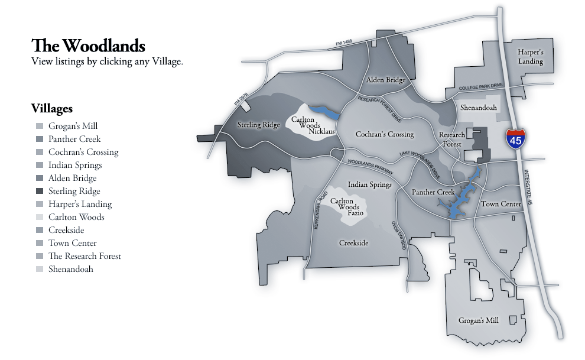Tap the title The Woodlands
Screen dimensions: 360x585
pos(88,46)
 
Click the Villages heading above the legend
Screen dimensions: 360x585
pos(52,109)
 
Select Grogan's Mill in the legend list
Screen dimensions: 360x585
pos(73,126)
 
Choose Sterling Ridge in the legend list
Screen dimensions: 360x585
pos(74,191)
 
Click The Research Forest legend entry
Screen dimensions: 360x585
pos(84,256)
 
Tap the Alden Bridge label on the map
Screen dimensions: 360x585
pos(385,80)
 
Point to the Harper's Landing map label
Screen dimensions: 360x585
pos(531,57)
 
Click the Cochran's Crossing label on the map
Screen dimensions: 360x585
pos(385,134)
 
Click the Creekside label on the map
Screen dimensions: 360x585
pos(353,243)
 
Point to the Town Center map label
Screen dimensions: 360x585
pos(501,204)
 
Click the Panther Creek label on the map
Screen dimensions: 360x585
pos(433,192)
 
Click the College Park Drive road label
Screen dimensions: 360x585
pos(480,87)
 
